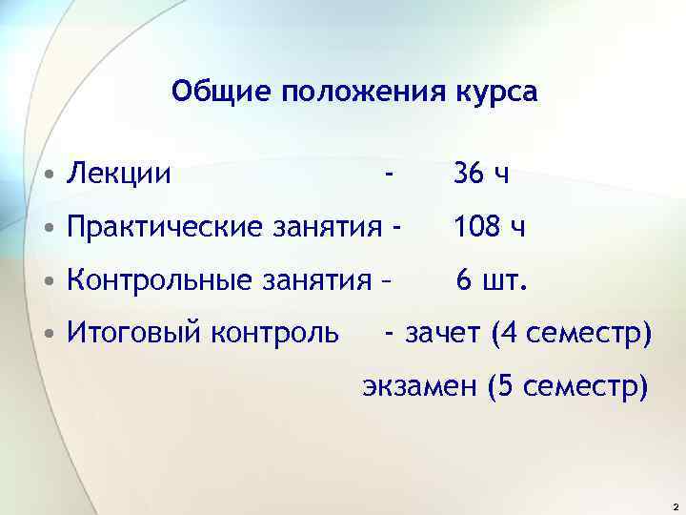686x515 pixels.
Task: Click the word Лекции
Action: click(118, 174)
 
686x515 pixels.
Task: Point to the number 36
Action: click(468, 174)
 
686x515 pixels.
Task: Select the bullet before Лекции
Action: click(47, 175)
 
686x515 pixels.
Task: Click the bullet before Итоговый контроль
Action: click(47, 334)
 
